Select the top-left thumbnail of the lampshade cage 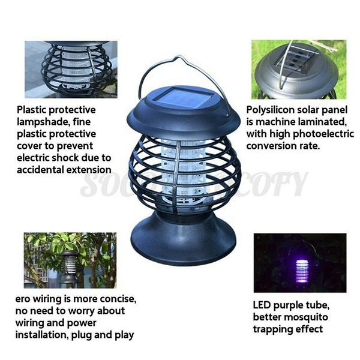tap(71, 68)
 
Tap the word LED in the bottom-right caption tap(263, 305)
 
